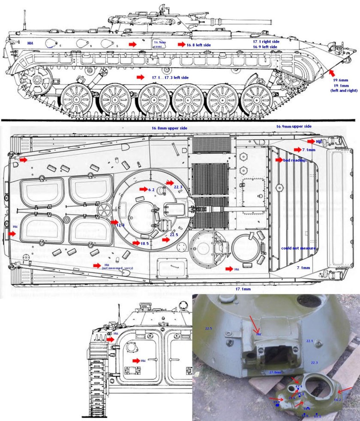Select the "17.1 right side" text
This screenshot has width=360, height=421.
click(x=266, y=41)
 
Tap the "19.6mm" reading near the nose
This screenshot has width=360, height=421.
click(x=341, y=80)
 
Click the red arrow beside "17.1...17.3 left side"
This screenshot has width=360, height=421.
click(x=140, y=77)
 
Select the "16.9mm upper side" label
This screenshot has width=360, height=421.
click(x=294, y=127)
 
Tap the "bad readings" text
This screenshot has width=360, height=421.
click(x=293, y=160)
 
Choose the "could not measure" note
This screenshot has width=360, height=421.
click(x=298, y=248)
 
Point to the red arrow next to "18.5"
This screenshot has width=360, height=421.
click(x=135, y=243)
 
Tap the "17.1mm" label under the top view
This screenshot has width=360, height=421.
click(x=243, y=290)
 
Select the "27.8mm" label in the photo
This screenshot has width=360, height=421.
click(x=275, y=372)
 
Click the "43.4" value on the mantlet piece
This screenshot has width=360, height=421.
click(x=299, y=386)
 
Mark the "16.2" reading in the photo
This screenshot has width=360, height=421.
click(x=338, y=400)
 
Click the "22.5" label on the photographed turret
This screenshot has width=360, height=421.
click(x=209, y=328)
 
